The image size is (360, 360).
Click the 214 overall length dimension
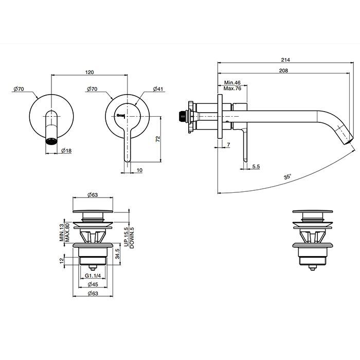(x=286, y=60)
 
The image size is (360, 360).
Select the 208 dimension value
(x=283, y=71)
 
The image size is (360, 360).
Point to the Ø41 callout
(x=159, y=89)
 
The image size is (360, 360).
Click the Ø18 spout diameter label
(x=66, y=151)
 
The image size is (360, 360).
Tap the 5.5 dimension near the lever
(x=256, y=167)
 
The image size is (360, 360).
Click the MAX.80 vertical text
(x=67, y=232)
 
